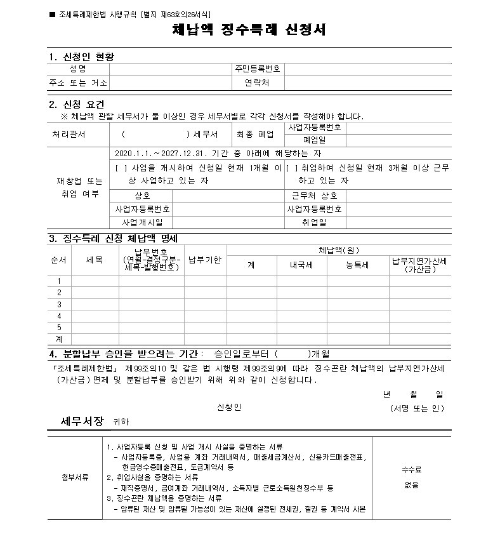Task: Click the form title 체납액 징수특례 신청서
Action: [x=249, y=30]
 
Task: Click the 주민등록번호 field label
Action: [x=257, y=69]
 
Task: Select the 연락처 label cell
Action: [x=257, y=83]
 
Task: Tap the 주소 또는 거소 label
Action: [x=78, y=83]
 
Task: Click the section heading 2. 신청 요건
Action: [x=77, y=104]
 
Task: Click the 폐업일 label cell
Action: [x=315, y=140]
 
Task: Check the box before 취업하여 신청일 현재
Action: [x=292, y=168]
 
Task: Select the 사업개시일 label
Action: [x=142, y=222]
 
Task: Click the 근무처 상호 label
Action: [x=315, y=196]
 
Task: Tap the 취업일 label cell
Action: [x=315, y=222]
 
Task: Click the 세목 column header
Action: [x=95, y=260]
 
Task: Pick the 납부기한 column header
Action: [x=205, y=260]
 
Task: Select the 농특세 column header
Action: [x=357, y=265]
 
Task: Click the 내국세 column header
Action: [x=301, y=265]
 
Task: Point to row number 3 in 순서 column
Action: [x=59, y=304]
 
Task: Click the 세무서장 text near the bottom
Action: [x=82, y=421]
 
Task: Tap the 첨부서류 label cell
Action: [x=75, y=476]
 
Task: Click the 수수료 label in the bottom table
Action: [x=411, y=470]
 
